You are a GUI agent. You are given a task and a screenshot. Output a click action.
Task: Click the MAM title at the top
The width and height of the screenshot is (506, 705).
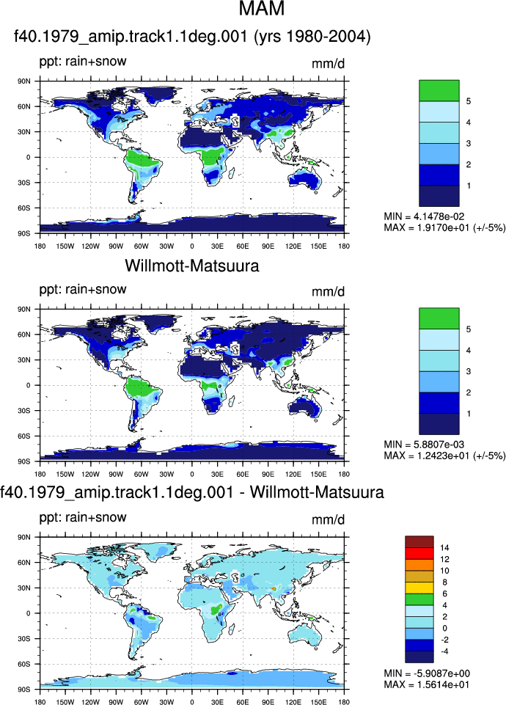[262, 9]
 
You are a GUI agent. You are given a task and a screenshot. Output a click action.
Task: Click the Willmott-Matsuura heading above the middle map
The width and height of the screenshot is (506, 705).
[192, 266]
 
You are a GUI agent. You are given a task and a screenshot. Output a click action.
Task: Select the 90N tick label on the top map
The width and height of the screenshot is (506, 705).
[24, 81]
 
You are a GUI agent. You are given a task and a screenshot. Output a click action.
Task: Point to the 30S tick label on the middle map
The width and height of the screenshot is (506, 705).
[24, 411]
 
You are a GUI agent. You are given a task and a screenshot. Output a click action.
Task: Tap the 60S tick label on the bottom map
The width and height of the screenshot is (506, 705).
[24, 664]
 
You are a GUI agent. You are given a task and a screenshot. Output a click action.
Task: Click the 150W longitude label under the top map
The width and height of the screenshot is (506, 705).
[65, 246]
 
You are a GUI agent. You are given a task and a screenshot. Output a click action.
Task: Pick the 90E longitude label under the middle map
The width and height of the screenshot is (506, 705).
[268, 474]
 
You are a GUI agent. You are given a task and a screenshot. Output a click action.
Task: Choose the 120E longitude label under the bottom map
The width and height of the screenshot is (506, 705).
[293, 702]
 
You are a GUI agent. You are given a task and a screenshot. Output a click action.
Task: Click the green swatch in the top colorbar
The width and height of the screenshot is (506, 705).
[439, 90]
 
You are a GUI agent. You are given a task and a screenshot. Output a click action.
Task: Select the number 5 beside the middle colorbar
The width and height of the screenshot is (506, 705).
[469, 329]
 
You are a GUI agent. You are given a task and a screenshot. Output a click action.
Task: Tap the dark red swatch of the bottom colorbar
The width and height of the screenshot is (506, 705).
[419, 542]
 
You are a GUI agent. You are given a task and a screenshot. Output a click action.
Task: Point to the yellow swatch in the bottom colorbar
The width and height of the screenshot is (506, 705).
[419, 588]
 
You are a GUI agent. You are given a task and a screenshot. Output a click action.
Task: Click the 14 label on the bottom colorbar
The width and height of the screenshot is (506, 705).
[445, 547]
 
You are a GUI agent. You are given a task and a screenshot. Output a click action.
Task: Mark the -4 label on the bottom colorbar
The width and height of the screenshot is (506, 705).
[445, 651]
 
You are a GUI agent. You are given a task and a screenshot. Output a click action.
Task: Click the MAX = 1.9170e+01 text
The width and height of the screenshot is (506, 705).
[444, 227]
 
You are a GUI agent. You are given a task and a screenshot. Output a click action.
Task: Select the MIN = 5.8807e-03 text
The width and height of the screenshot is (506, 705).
[424, 445]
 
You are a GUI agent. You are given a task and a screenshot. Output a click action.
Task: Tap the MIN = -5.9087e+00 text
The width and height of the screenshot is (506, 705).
[427, 673]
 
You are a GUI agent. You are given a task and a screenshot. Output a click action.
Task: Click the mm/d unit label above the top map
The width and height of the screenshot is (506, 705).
[328, 64]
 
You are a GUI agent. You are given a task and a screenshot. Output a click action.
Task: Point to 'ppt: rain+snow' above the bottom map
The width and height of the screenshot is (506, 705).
[83, 517]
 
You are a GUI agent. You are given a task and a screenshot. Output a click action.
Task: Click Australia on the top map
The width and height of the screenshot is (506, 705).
[305, 180]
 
